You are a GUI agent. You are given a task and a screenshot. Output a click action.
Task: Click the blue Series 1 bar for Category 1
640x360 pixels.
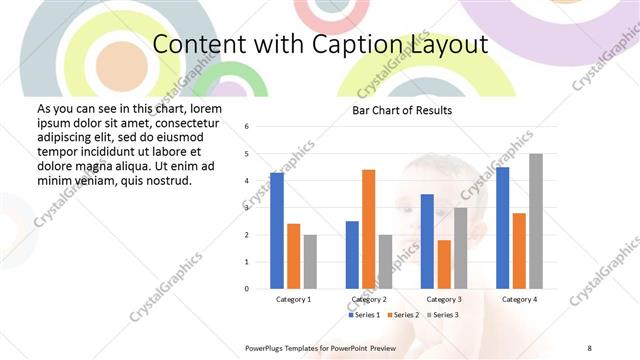pos(277,230)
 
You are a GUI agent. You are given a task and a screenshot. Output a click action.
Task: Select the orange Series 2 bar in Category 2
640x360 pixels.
pos(368,229)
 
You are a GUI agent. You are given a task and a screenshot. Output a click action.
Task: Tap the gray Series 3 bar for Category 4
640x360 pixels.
pos(536,221)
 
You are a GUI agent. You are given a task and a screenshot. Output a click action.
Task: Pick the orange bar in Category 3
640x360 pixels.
pos(444,264)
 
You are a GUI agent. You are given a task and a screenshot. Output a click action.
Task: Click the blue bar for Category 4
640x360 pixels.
pos(502,227)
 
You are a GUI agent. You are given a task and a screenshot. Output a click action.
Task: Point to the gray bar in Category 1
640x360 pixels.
pos(310,261)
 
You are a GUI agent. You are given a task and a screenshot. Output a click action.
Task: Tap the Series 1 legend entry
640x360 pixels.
pos(365,315)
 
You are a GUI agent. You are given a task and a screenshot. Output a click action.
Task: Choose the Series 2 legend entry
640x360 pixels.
pos(403,315)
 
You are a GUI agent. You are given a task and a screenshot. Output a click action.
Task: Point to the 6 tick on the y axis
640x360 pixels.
pos(247,126)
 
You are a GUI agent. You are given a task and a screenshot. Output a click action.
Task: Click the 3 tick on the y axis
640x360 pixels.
pos(247,207)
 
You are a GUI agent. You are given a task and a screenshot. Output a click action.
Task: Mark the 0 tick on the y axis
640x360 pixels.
pos(247,289)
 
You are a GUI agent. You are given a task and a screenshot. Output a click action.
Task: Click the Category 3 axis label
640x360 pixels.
pos(444,299)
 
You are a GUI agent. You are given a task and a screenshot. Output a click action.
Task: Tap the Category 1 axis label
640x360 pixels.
pos(293,299)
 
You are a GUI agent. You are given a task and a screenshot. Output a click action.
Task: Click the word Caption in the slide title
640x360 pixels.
pos(361,44)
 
